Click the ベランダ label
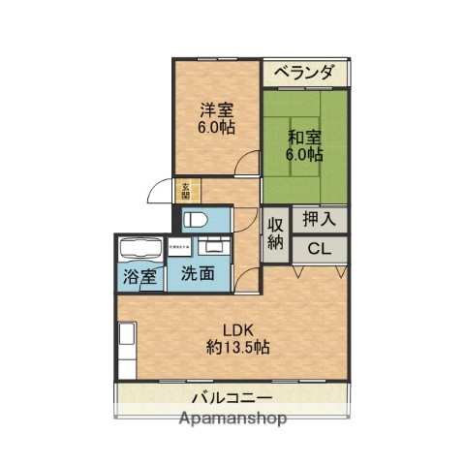pos(303,73)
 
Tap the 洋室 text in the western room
pos(216,108)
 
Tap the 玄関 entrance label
pos(185,190)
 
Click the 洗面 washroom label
pos(199,274)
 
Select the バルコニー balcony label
pos(231,398)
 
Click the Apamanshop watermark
pos(232,419)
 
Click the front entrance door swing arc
pos(159,194)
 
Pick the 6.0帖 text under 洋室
pos(216,126)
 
